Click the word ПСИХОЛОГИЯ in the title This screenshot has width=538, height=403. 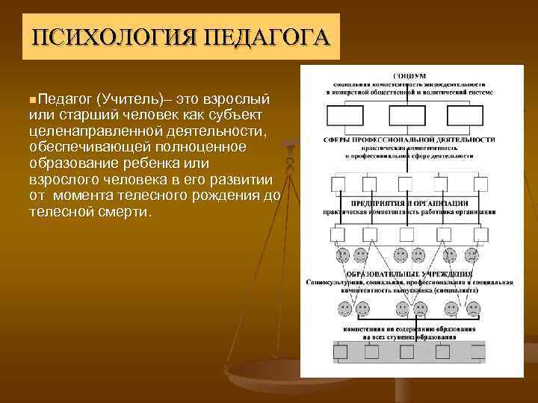(101, 37)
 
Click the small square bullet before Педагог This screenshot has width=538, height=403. (32, 99)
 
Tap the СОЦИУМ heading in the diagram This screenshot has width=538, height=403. (409, 76)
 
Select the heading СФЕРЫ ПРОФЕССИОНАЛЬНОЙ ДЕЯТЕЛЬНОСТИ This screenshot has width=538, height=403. (409, 140)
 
